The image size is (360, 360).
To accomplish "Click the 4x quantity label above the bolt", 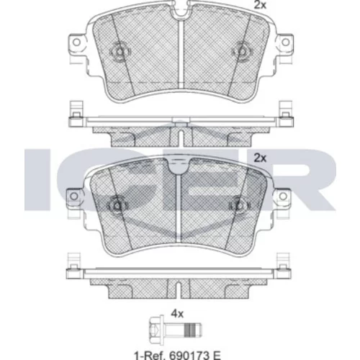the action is (177, 314).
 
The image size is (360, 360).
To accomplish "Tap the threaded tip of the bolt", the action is (192, 329).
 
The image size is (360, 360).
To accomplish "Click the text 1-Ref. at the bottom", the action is (150, 355).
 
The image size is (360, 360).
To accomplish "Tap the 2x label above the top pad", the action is (260, 4).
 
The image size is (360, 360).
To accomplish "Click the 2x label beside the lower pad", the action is (260, 158).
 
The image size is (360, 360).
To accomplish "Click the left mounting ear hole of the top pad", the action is (76, 42).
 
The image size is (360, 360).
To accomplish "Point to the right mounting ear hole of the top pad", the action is (285, 42).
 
